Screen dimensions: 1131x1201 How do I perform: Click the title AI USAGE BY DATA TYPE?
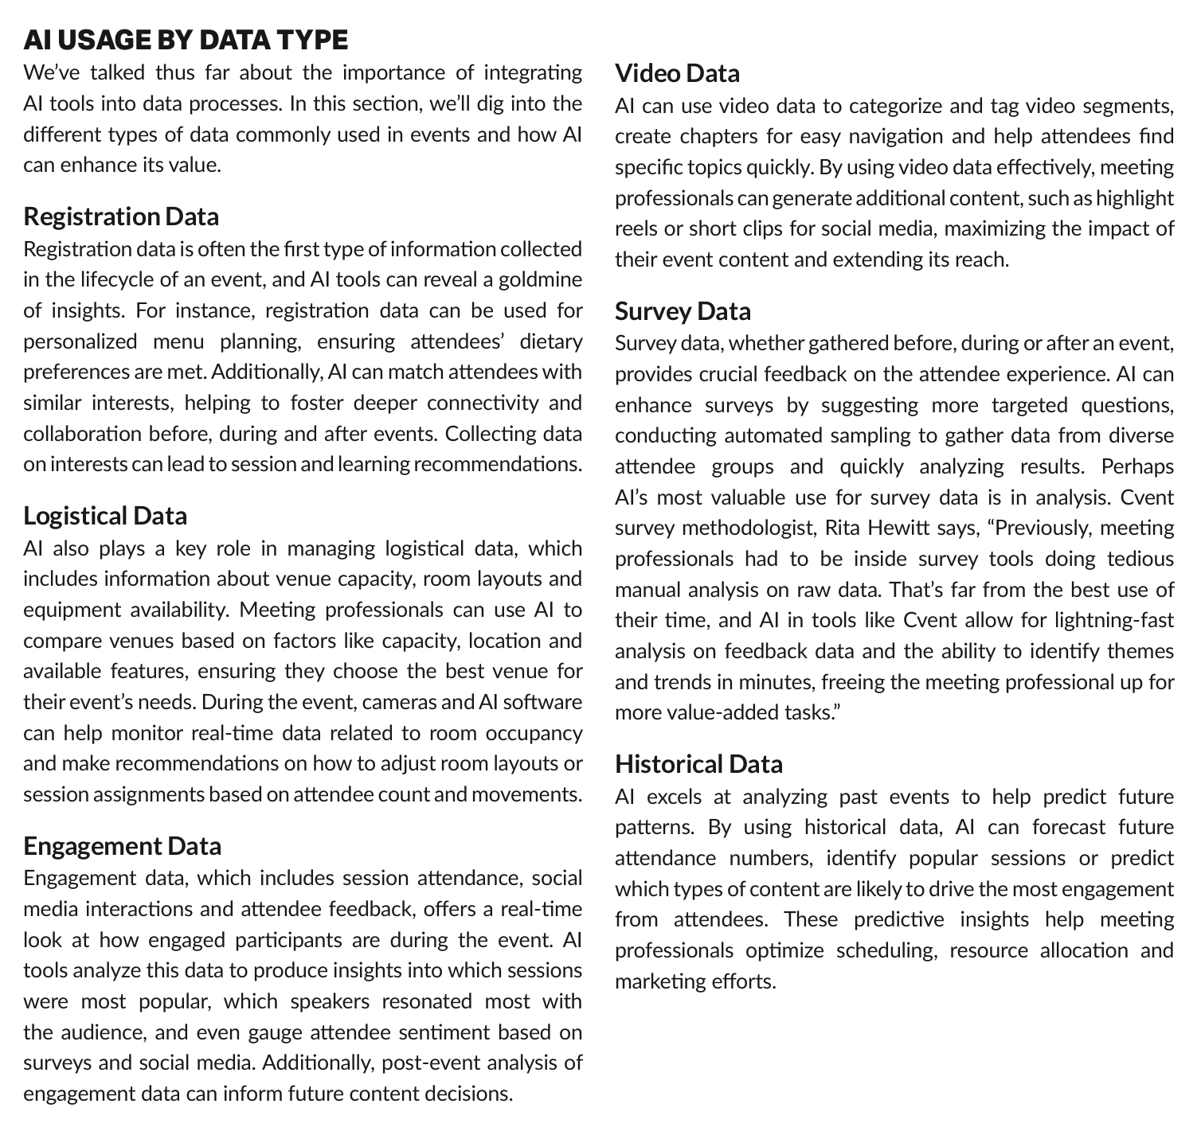[x=186, y=40]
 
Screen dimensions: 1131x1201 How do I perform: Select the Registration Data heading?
[x=121, y=216]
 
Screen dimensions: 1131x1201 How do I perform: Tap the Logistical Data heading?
[x=105, y=516]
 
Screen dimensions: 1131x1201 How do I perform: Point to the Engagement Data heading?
[x=122, y=845]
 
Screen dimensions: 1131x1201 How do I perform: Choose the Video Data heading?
[x=677, y=73]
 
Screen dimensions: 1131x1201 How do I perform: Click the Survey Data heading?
[x=683, y=311]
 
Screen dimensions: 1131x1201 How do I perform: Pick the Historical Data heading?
[x=698, y=764]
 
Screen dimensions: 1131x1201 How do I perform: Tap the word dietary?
[x=550, y=342]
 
